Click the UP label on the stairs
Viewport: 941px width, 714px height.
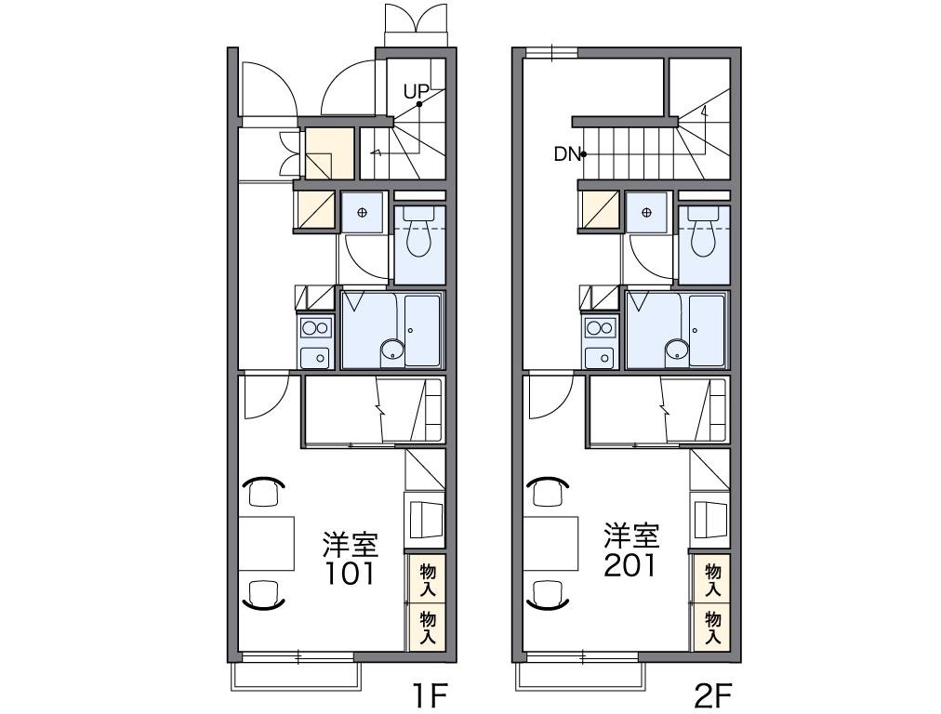tap(416, 92)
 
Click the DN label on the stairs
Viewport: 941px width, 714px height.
tap(567, 155)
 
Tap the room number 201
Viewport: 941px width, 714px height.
tap(630, 565)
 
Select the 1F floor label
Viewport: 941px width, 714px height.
tap(430, 696)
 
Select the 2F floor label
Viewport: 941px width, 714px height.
tap(713, 696)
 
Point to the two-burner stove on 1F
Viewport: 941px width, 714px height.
tap(316, 328)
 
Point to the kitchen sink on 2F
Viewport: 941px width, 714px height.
tap(601, 358)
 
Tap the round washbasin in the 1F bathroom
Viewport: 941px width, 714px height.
tap(392, 350)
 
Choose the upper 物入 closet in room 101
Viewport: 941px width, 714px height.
tap(428, 579)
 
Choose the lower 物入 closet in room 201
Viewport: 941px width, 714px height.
tap(712, 628)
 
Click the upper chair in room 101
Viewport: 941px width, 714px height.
tap(264, 490)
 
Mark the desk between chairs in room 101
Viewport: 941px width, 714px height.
tap(267, 543)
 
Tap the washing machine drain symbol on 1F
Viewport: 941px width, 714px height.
tap(362, 212)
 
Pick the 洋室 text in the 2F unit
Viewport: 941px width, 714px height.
tap(632, 535)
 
